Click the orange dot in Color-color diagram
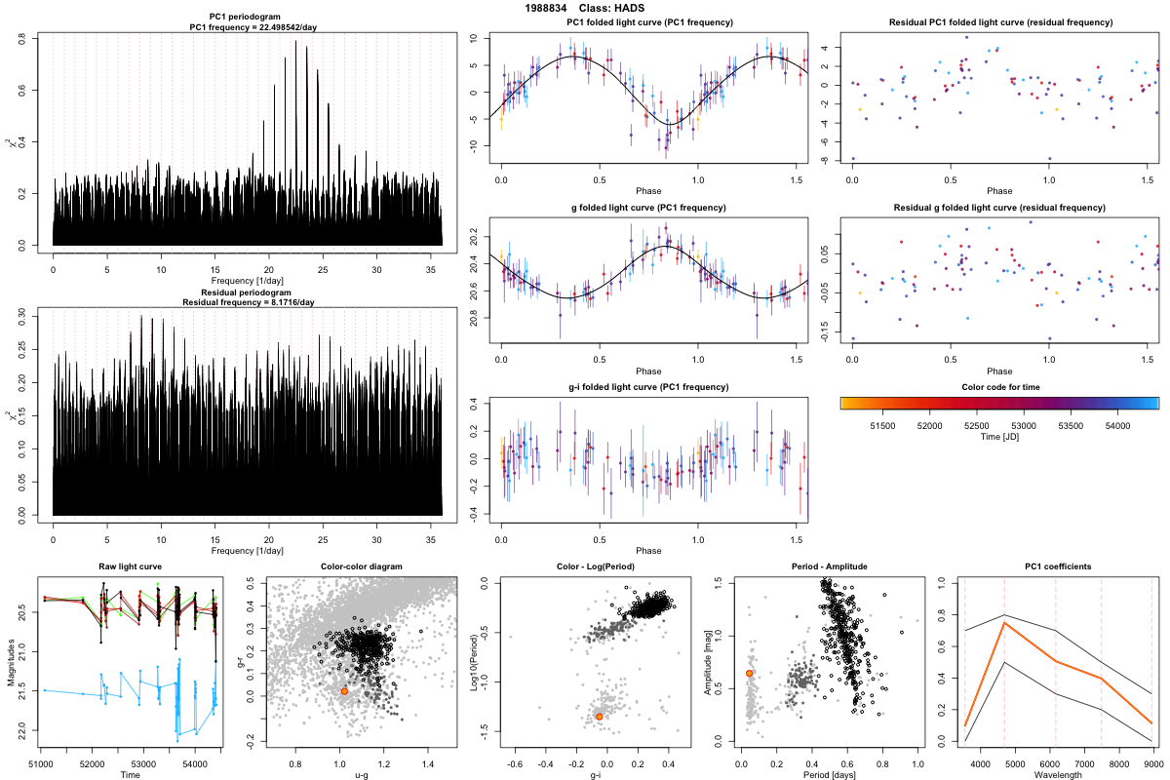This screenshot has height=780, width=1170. (344, 690)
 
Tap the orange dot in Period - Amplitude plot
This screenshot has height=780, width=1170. (749, 673)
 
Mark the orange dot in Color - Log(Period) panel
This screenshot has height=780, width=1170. (599, 717)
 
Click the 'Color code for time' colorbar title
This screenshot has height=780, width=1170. (999, 387)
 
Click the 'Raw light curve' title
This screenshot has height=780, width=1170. (131, 567)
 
